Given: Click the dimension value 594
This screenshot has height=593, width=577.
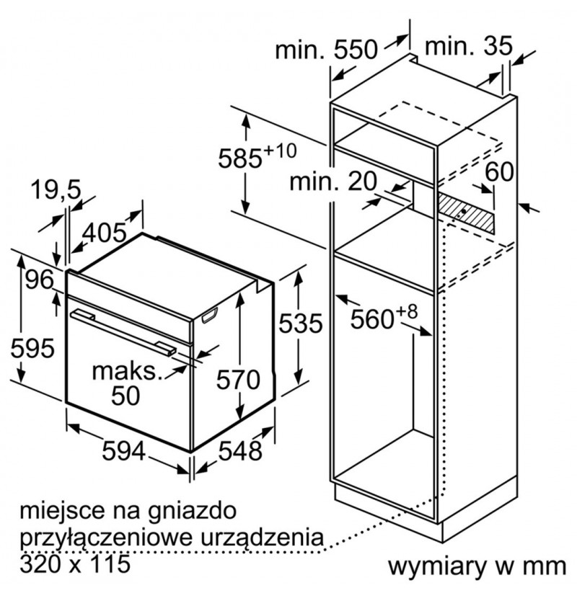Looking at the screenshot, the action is coord(124,451).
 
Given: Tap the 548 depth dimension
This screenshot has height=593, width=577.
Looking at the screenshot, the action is coord(240,450).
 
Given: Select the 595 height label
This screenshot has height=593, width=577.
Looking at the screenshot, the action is coord(32,348).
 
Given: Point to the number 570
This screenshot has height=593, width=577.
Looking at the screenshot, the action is coord(238,379).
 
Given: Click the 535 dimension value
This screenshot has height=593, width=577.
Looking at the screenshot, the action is coord(301,324).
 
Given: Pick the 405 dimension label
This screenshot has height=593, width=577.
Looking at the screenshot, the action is coord(105,232).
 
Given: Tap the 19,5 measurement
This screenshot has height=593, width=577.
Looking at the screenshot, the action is coord(56,190).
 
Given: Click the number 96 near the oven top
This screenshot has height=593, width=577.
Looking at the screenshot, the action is coord(40,280).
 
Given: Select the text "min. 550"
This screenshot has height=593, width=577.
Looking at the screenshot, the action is coord(326,49).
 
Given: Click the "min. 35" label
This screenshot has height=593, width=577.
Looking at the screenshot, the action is coord(469,46).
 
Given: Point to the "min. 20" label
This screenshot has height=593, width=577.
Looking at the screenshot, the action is coord(333,181).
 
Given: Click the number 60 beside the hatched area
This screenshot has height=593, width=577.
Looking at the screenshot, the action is coord(499,171).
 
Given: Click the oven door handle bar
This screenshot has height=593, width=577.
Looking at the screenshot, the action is coord(123,332).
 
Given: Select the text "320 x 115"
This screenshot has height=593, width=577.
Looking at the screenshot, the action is coord(75,564).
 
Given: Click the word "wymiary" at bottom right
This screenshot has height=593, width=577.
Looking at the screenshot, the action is coord(438,566).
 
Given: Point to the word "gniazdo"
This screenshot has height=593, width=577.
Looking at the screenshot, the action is coord(193,512).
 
